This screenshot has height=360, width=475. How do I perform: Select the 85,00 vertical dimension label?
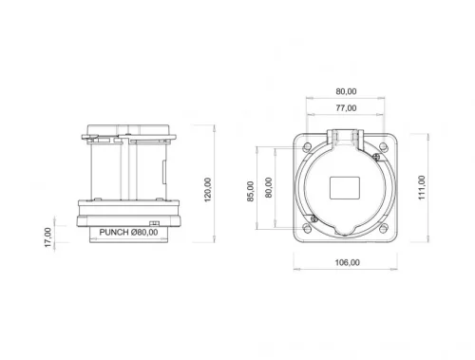point(251,191)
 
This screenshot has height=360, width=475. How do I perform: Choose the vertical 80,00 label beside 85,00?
point(269,187)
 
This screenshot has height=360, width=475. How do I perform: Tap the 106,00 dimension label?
point(347,262)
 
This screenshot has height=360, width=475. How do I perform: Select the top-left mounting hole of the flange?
point(308,143)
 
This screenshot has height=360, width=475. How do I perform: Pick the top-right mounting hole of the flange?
point(384,143)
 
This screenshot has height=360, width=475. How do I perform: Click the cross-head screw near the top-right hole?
point(375,156)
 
